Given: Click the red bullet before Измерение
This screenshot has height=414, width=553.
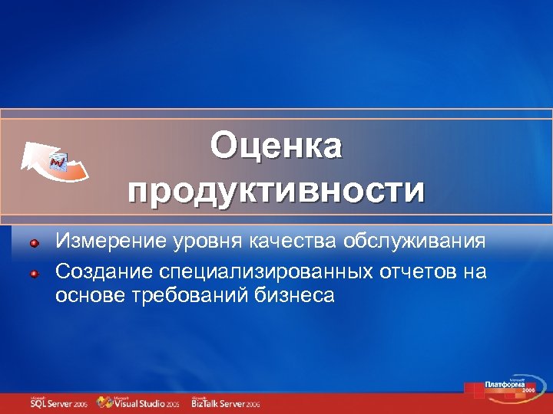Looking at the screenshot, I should [x=35, y=243].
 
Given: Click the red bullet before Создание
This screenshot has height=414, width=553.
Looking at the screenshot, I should [x=35, y=271].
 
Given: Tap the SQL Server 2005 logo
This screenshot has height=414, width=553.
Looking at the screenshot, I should [x=58, y=402].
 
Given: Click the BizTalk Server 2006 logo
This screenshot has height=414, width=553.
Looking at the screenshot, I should [x=226, y=402].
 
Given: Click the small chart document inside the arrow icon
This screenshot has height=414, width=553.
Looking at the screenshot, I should [x=59, y=161].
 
